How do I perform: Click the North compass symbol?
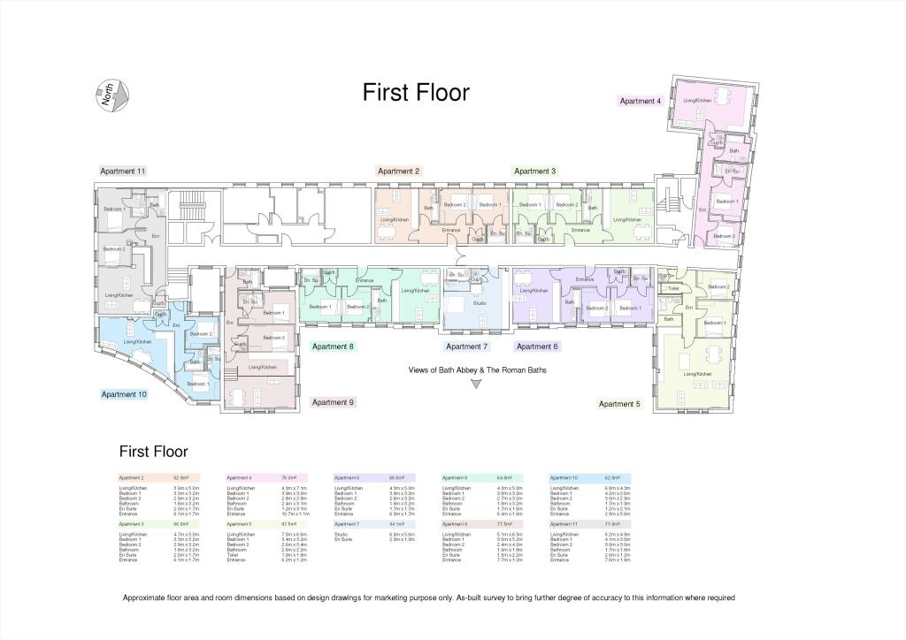pyautogui.click(x=112, y=94)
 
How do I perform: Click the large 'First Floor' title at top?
pyautogui.click(x=416, y=93)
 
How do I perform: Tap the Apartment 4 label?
pyautogui.click(x=640, y=102)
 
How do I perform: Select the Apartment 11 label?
pyautogui.click(x=122, y=171)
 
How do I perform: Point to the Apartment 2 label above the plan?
pyautogui.click(x=398, y=171)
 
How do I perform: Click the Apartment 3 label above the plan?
pyautogui.click(x=535, y=171)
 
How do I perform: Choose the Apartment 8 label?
pyautogui.click(x=333, y=347)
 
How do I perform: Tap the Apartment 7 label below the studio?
pyautogui.click(x=467, y=347)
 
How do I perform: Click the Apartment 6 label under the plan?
pyautogui.click(x=537, y=347)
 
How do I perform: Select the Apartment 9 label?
pyautogui.click(x=333, y=402)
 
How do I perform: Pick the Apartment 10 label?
pyautogui.click(x=124, y=394)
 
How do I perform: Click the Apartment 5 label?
pyautogui.click(x=618, y=404)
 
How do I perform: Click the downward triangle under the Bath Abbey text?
pyautogui.click(x=476, y=384)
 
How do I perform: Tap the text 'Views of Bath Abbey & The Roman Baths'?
pyautogui.click(x=477, y=370)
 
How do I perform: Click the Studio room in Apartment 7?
pyautogui.click(x=479, y=303)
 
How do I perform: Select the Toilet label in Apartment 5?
pyautogui.click(x=673, y=288)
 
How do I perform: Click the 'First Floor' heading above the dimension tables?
pyautogui.click(x=153, y=452)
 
